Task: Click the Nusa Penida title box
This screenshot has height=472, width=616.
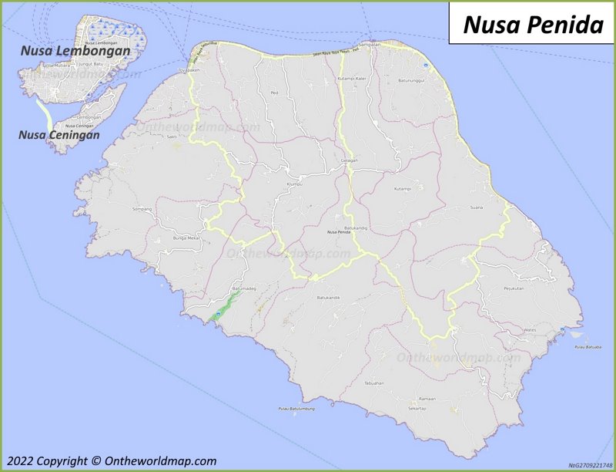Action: [533, 24]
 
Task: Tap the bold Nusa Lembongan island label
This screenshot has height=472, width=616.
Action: [75, 51]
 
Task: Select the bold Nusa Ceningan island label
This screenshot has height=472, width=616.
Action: [59, 135]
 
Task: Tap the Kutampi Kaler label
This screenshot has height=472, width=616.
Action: [351, 79]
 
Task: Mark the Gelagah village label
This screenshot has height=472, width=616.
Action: [349, 160]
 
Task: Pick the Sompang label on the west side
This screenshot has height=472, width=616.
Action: [142, 209]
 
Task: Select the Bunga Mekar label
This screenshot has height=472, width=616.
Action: [186, 239]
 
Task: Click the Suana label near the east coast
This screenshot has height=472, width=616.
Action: [477, 208]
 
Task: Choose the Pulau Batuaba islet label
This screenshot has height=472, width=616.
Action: [588, 349]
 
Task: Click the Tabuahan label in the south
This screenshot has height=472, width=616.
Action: [374, 383]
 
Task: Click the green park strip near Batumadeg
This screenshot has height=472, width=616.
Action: [221, 308]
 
